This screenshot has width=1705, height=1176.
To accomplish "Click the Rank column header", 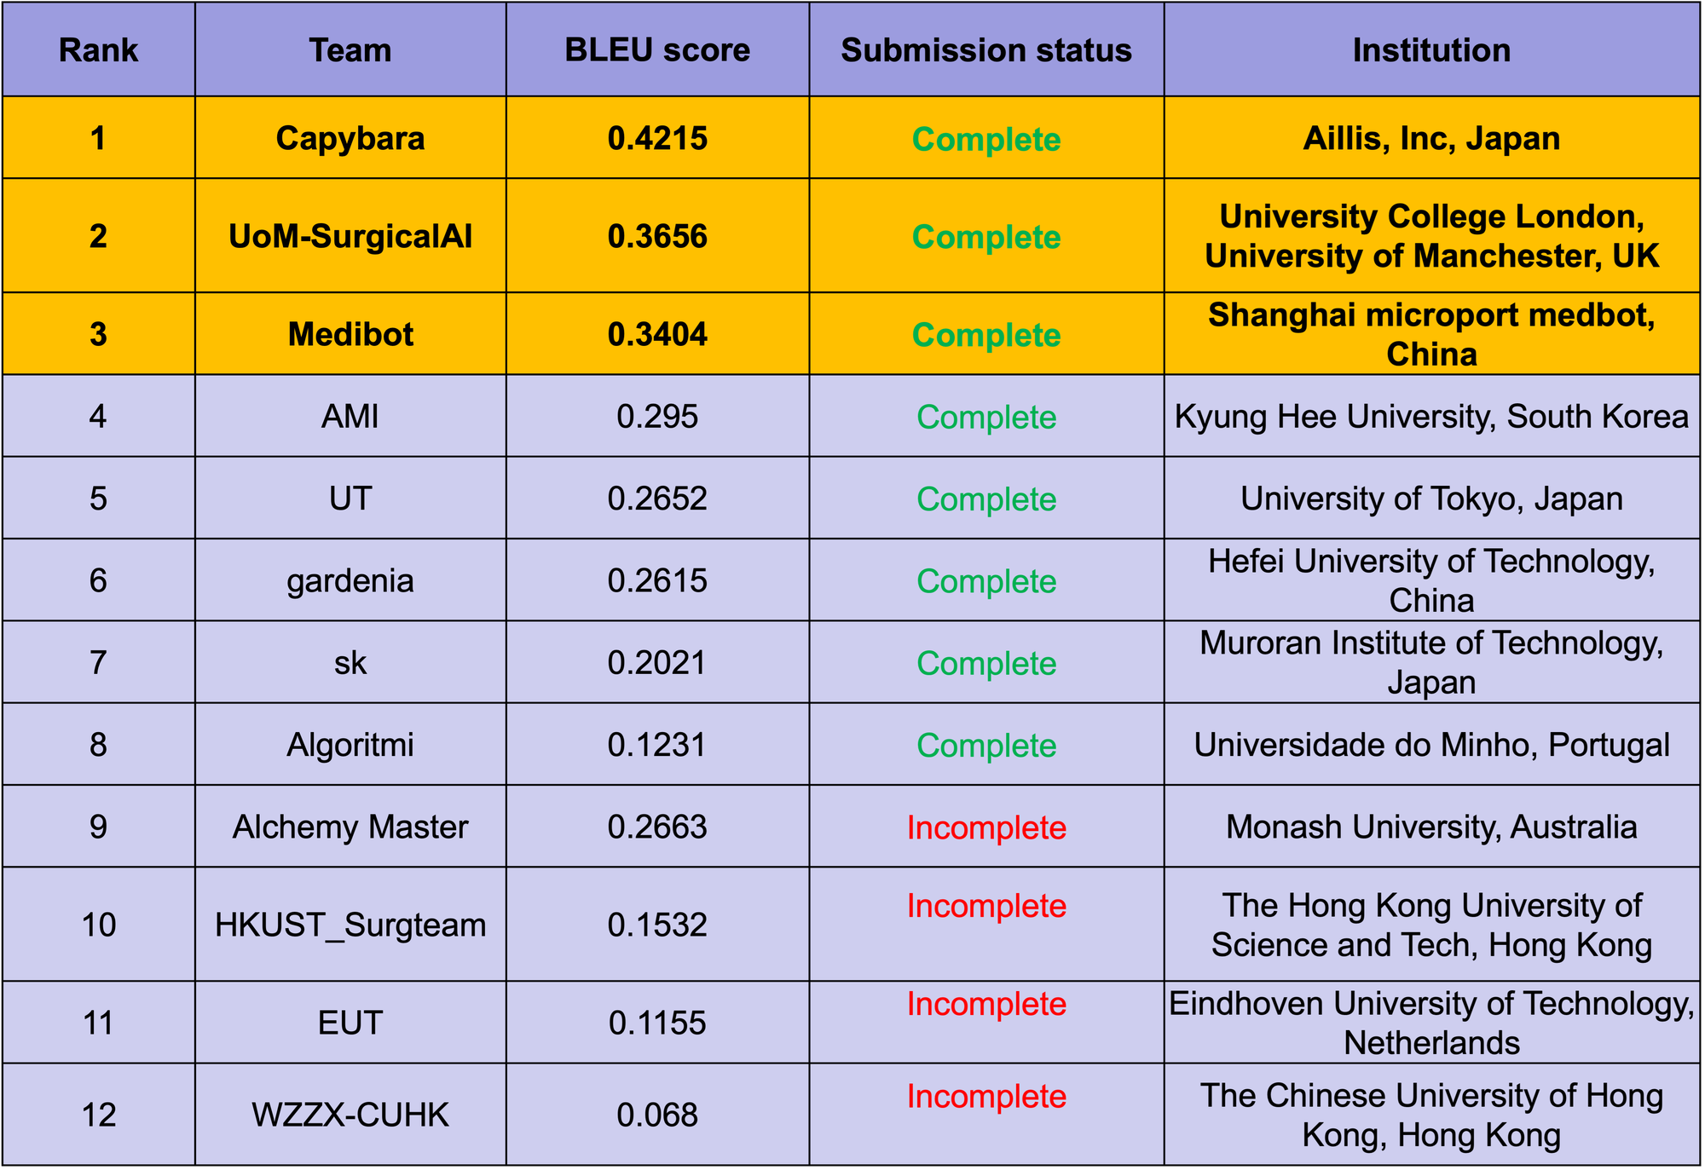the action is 98,50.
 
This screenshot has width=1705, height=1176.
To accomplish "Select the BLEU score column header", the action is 657,50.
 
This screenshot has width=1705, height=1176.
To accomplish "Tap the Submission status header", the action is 986,50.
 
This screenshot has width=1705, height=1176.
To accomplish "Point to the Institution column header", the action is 1431,50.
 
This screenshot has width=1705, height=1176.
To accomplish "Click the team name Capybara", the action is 350,139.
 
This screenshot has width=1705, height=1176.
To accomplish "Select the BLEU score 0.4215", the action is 657,139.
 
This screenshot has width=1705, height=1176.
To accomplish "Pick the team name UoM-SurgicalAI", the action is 350,236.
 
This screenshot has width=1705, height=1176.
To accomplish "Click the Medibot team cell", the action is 350,334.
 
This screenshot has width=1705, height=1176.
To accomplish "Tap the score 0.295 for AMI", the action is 657,417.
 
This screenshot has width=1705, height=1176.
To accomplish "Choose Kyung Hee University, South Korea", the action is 1431,417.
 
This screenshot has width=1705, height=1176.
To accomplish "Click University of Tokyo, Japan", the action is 1431,499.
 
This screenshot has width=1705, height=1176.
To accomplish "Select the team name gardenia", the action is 350,581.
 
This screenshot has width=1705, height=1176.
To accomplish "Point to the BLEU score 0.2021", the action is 657,663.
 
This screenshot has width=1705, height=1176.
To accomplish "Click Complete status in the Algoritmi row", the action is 986,746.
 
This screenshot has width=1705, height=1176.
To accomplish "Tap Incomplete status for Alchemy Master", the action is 986,827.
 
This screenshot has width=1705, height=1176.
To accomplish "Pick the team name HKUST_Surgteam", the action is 350,925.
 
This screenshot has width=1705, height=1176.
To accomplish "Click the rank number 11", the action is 98,1023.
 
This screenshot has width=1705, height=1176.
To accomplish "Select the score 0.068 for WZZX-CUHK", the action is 657,1115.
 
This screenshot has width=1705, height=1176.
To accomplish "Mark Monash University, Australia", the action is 1431,827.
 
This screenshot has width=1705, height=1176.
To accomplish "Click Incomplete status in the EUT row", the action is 986,1004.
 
